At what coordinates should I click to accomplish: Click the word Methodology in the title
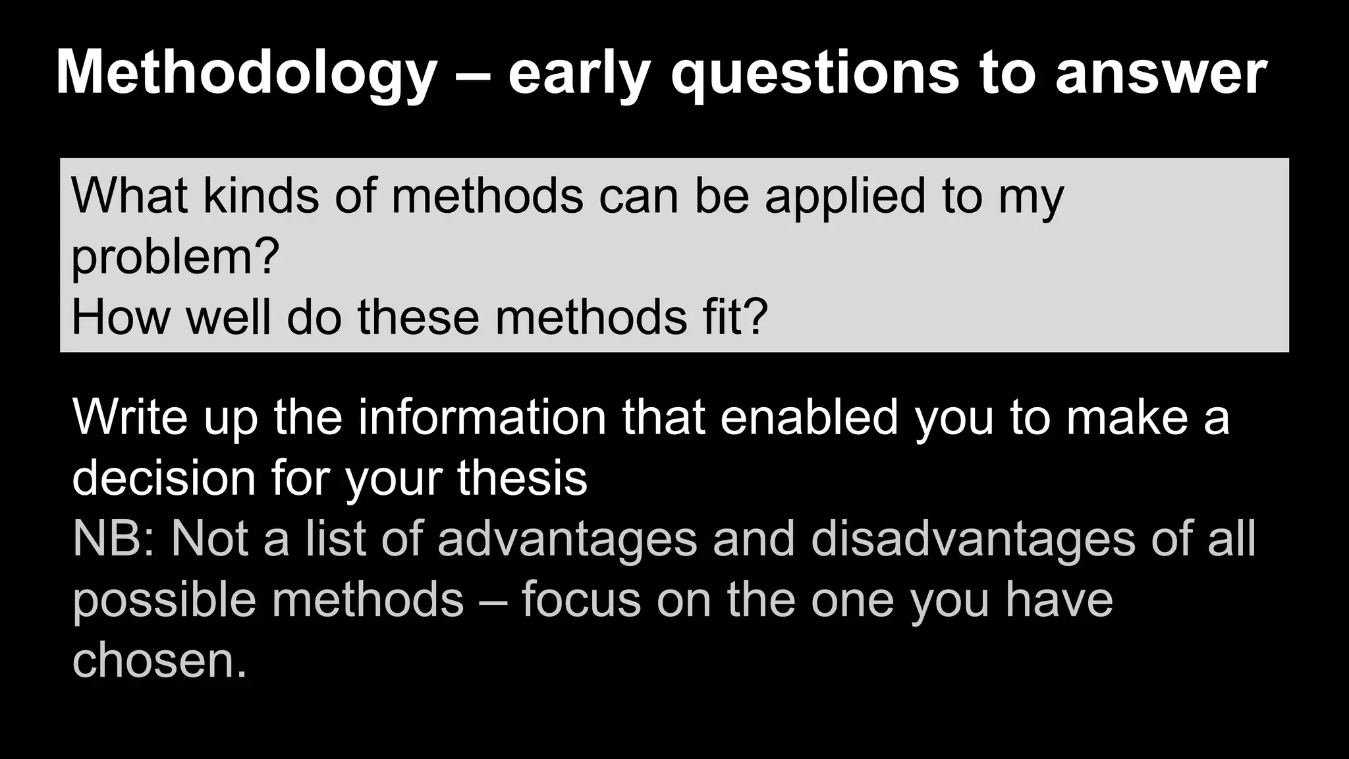pyautogui.click(x=246, y=74)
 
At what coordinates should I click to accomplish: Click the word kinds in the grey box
pyautogui.click(x=261, y=196)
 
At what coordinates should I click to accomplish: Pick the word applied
pyautogui.click(x=845, y=196)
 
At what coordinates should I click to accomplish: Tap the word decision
pyautogui.click(x=163, y=477)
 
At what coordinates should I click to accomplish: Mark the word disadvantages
pyautogui.click(x=972, y=538)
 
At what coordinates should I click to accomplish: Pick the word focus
pyautogui.click(x=581, y=600)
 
